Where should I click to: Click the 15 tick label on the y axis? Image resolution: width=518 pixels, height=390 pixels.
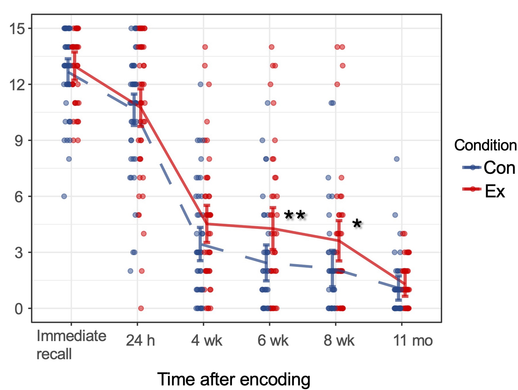click(17, 29)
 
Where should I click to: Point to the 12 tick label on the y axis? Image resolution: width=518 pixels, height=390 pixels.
click(17, 85)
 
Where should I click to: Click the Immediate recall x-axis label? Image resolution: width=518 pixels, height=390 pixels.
click(71, 345)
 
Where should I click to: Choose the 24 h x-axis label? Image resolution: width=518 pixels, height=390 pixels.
click(140, 341)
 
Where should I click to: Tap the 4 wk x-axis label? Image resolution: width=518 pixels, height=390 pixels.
click(207, 341)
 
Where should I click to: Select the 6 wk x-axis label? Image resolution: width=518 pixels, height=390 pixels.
click(273, 341)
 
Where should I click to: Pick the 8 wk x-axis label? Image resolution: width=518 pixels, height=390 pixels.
click(339, 341)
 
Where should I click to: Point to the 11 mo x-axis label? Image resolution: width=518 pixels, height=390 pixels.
click(413, 341)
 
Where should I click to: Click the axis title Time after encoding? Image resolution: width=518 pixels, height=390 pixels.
click(234, 379)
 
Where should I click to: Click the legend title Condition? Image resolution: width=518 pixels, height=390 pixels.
click(485, 145)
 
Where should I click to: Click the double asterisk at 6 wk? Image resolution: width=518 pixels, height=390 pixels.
click(295, 215)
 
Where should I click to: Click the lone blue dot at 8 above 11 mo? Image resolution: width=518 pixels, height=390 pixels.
click(397, 159)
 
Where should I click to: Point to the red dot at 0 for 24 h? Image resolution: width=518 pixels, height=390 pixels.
click(141, 308)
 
